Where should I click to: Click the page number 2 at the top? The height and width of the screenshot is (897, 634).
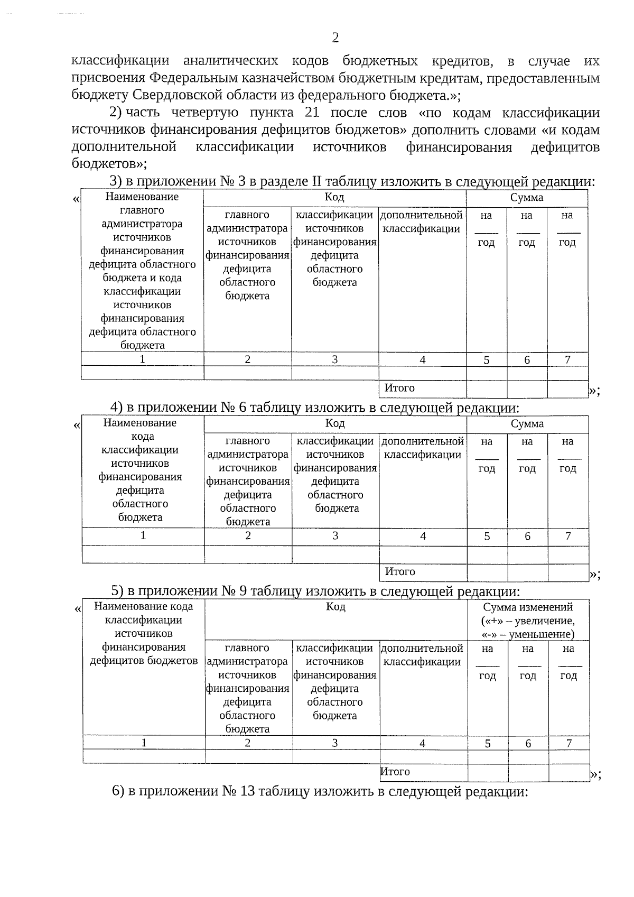tap(335, 38)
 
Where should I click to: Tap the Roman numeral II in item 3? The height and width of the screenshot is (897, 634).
tap(316, 181)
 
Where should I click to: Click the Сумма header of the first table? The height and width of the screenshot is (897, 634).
tap(526, 198)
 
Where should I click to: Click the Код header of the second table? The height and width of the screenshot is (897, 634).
tap(335, 423)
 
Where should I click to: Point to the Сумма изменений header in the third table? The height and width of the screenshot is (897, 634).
tap(528, 607)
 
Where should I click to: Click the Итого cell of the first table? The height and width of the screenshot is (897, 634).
tap(399, 388)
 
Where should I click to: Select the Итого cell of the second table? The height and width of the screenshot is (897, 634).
tap(400, 571)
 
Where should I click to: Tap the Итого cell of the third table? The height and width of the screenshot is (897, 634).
tap(395, 772)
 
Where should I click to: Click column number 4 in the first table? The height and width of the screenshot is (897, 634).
tap(422, 360)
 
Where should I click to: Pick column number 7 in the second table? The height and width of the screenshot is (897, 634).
tap(568, 536)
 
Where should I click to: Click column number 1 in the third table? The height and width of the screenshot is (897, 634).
tap(143, 743)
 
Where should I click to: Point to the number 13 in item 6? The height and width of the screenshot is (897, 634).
tap(247, 791)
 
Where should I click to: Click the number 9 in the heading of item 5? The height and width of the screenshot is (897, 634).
tap(243, 591)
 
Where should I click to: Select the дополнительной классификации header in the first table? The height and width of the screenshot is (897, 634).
tap(422, 222)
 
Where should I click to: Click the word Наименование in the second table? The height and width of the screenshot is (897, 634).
tap(140, 423)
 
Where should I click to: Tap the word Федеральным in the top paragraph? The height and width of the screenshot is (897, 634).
tap(193, 78)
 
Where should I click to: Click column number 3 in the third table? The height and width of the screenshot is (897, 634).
tap(335, 743)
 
